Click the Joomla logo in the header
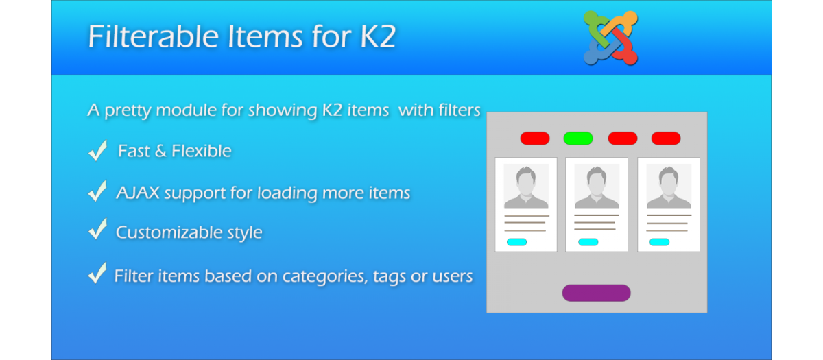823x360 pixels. click(610, 38)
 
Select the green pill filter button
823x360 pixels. click(578, 138)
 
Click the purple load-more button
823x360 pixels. click(596, 293)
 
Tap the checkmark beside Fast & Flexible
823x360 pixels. click(97, 150)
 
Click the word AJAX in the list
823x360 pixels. click(138, 193)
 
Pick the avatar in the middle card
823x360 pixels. click(597, 187)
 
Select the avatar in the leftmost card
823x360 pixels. click(526, 187)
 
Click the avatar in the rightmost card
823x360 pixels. click(669, 187)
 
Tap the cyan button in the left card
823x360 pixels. click(516, 241)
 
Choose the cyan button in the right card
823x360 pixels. click(660, 241)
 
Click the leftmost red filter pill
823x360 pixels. click(535, 138)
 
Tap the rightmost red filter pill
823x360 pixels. click(666, 138)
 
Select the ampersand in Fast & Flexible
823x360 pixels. click(160, 151)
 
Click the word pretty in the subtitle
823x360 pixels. click(128, 110)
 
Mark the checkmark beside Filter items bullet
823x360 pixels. click(97, 273)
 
